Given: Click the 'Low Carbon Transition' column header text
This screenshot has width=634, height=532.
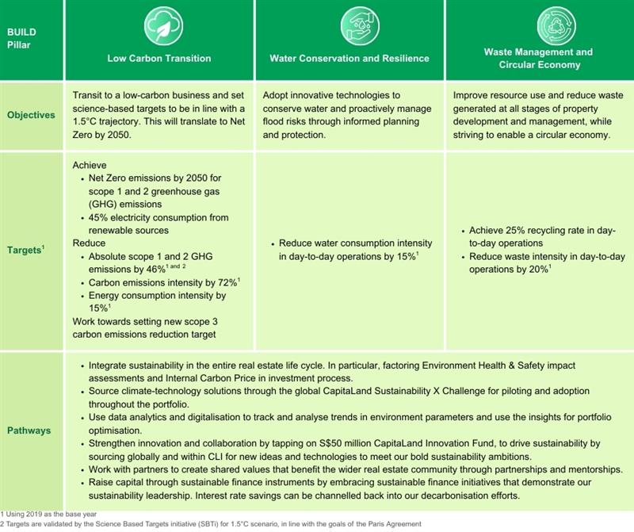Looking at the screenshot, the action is (x=158, y=58).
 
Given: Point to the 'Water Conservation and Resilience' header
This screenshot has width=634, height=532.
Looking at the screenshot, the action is (x=349, y=58).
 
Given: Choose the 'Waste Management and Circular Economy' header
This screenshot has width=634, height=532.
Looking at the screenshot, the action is (x=539, y=58).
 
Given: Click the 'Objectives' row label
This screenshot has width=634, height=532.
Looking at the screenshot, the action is (x=32, y=115).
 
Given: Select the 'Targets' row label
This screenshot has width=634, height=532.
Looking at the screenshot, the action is (x=31, y=249).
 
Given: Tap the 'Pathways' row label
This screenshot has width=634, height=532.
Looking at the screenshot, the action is (x=29, y=431).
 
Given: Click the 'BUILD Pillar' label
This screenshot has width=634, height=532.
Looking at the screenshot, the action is (x=21, y=38).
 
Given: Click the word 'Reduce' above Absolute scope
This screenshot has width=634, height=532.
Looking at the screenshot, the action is (x=88, y=243).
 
